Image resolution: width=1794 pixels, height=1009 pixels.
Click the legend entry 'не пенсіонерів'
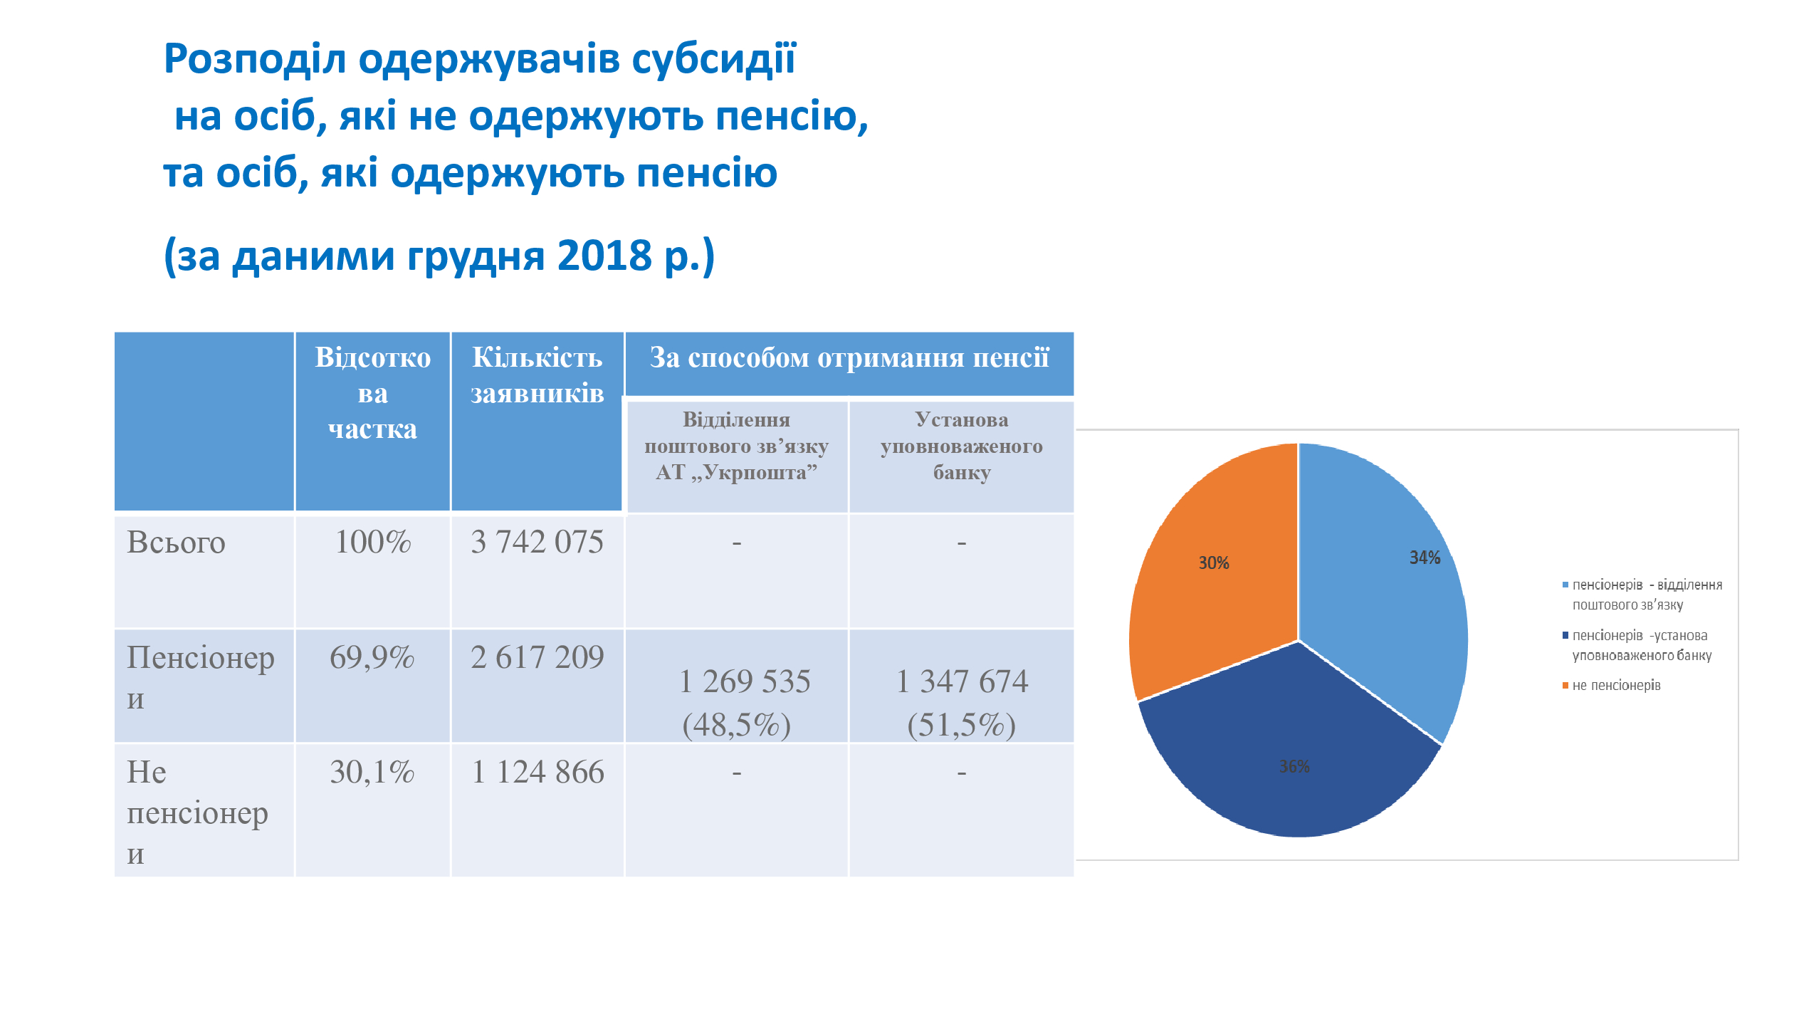coord(1616,686)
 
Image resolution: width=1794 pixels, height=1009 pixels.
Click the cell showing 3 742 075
coord(537,543)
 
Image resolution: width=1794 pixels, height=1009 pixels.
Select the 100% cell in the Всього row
coord(372,543)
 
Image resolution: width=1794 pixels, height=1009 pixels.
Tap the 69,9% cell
coord(372,658)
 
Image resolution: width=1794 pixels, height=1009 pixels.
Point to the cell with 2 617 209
coord(537,658)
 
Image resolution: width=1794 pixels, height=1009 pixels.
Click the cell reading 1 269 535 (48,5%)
coord(737,703)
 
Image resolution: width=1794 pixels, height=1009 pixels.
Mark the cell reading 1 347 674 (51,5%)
coord(961,703)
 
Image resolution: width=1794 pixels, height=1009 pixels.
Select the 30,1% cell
coord(372,773)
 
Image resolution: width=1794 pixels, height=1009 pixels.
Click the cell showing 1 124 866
coord(537,773)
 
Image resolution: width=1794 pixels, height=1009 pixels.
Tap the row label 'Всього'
coord(176,543)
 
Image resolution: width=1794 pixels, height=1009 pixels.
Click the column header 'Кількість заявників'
coord(537,375)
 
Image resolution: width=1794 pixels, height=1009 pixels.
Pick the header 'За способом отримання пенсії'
coord(849,358)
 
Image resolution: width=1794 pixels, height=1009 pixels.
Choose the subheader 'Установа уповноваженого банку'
coord(961,446)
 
